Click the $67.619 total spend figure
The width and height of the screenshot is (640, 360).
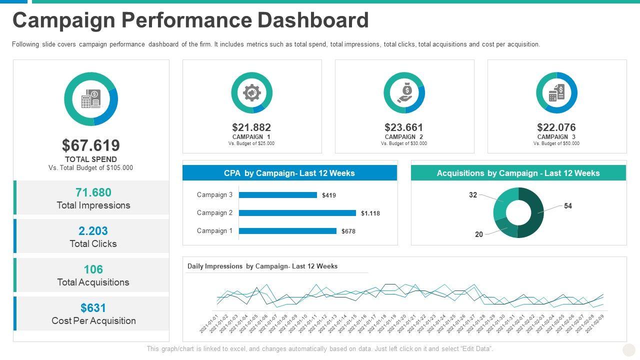pos(91,145)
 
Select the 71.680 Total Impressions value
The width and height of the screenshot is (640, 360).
pos(93,192)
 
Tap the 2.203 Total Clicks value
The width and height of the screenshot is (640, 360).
pos(93,231)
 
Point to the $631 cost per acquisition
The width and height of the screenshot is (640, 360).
pos(93,308)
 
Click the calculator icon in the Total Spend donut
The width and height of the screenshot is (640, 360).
pos(91,98)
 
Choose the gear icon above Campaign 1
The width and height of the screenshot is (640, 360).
pos(251,92)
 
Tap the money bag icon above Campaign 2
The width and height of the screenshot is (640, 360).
pos(404,92)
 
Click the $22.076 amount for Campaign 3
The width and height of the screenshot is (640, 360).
pos(556,127)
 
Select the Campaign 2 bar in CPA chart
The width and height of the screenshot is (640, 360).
pos(297,213)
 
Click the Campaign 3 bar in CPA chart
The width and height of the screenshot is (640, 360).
pos(278,195)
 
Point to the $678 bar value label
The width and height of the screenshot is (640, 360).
pos(348,231)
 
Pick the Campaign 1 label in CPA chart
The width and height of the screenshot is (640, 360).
pos(214,231)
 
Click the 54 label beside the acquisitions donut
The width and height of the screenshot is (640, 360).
pos(568,206)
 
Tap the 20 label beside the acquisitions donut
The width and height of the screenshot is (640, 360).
pos(479,234)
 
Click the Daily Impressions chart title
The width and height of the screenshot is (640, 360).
pos(262,266)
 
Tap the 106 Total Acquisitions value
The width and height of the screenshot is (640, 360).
pos(93,269)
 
